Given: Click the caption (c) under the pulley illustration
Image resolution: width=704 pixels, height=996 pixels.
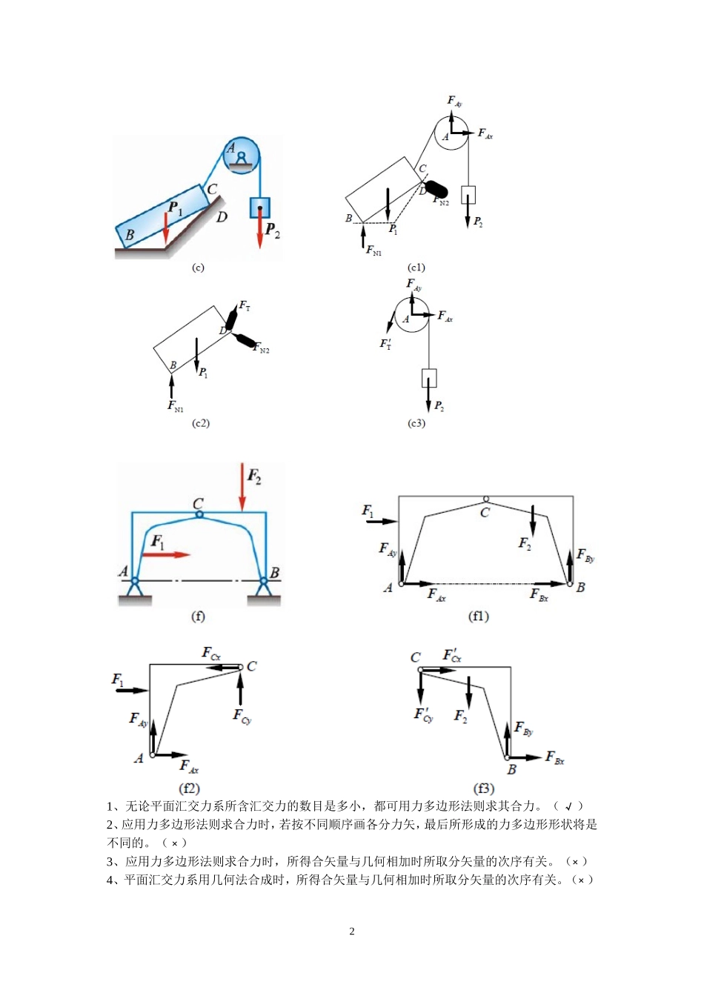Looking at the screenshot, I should coord(198,268).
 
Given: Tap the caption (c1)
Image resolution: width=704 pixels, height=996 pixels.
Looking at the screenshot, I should coord(416,268).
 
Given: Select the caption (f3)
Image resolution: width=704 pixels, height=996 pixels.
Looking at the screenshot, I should coord(484,788).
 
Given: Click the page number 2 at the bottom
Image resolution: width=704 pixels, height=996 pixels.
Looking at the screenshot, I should coord(352,932).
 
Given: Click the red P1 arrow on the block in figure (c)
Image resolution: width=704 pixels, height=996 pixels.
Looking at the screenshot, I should coord(166,228).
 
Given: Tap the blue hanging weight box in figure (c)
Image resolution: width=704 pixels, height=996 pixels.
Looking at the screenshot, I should coord(259,207).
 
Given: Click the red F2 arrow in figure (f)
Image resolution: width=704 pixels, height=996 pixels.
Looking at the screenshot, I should coord(242,488).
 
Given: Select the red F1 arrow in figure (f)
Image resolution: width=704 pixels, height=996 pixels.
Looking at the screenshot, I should coord(170,554).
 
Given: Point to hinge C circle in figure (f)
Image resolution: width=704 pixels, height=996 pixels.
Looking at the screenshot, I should coord(199,514).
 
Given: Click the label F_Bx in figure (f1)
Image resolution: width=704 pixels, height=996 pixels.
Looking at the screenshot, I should coord(539,595).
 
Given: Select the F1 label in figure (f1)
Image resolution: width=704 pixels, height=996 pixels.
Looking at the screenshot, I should coord(368,511).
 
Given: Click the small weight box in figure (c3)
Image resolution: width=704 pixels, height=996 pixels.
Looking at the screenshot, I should coord(429,378).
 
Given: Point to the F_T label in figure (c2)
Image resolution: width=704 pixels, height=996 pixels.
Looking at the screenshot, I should coord(244,305).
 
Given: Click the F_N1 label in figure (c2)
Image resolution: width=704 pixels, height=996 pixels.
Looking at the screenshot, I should coord(175,406).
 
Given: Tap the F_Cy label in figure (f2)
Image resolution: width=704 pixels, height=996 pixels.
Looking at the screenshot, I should coord(242,716).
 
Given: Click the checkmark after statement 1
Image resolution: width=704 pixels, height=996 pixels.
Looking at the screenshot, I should coord(569,806).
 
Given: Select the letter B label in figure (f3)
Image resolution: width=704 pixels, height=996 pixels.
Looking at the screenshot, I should coord(511,770).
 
